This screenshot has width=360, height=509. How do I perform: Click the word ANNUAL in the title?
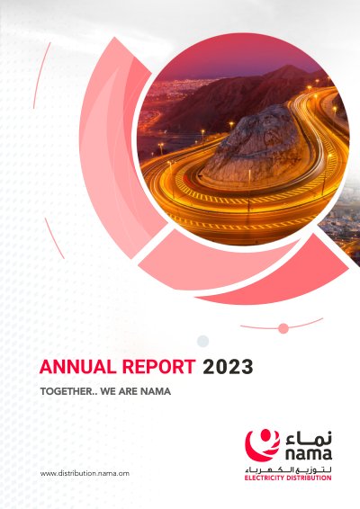(x=77, y=367)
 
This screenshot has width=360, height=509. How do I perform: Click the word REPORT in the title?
(x=159, y=367)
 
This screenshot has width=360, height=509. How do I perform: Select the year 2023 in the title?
(x=228, y=367)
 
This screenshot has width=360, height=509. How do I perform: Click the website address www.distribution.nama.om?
(x=85, y=473)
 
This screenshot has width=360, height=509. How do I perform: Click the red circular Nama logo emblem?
(x=262, y=445)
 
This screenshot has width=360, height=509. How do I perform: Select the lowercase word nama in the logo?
(x=309, y=453)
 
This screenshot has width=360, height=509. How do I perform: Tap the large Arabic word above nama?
(x=309, y=438)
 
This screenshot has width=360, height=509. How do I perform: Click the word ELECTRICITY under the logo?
(x=264, y=478)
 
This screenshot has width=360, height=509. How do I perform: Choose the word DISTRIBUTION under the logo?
(x=309, y=478)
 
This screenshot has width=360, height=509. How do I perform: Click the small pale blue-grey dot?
(x=202, y=341)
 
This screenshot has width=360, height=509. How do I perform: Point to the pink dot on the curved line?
(x=283, y=328)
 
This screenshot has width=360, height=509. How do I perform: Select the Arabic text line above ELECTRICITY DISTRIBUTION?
(x=288, y=469)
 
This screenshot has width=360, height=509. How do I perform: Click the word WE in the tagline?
(x=108, y=391)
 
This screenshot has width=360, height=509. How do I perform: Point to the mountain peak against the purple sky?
(x=286, y=67)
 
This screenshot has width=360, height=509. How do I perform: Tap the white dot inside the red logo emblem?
(x=265, y=434)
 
